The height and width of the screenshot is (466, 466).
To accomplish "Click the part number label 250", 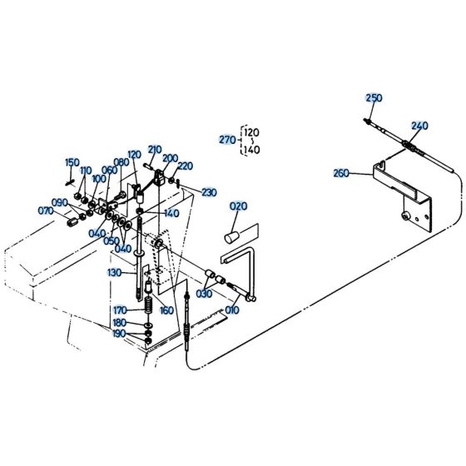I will (374, 98).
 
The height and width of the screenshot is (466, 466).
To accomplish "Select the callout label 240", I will (419, 126).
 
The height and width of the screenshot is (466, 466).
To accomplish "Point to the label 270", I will (227, 139).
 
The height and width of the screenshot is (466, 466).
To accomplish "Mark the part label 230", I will (208, 192).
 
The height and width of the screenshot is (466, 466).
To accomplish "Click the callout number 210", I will (155, 150).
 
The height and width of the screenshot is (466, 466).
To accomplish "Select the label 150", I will (72, 162).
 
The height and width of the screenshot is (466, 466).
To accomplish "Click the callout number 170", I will (121, 310).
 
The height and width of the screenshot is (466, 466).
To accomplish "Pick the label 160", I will (165, 310).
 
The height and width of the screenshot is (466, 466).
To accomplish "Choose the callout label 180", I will (120, 323).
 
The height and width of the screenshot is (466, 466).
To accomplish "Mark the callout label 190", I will (121, 335).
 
